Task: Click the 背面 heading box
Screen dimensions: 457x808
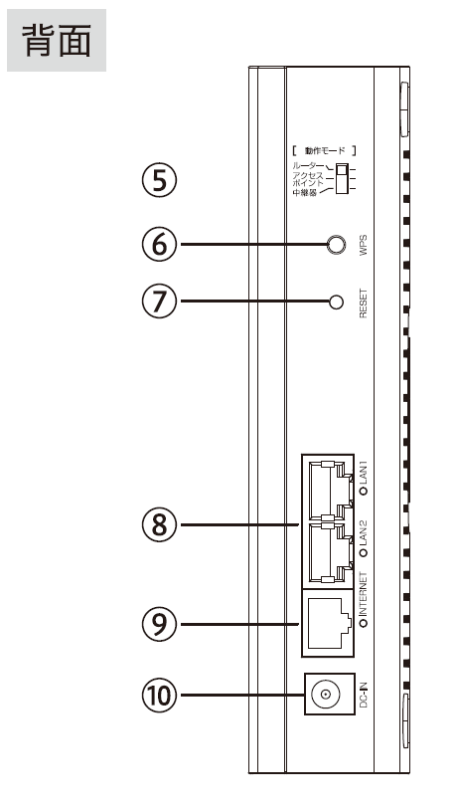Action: pyautogui.click(x=57, y=40)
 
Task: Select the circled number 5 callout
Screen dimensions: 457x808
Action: pyautogui.click(x=159, y=181)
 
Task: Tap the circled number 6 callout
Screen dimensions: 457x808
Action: pyautogui.click(x=159, y=244)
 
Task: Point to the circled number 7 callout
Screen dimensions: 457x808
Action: pyautogui.click(x=159, y=302)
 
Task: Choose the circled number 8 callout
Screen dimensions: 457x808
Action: pyautogui.click(x=159, y=525)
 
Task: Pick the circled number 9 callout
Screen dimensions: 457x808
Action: pyautogui.click(x=159, y=624)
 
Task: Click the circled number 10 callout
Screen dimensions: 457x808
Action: pyautogui.click(x=159, y=696)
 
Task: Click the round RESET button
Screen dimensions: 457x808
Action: pyautogui.click(x=336, y=302)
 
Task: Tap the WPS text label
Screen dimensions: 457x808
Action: pyautogui.click(x=364, y=245)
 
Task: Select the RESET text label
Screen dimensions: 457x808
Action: pyautogui.click(x=364, y=303)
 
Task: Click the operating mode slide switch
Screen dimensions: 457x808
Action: pyautogui.click(x=340, y=179)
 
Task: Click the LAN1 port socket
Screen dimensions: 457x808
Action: pyautogui.click(x=328, y=491)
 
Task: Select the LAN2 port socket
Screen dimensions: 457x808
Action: pyautogui.click(x=328, y=552)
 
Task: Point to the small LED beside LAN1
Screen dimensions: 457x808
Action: pyautogui.click(x=365, y=491)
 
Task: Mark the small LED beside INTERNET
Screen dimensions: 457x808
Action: pyautogui.click(x=365, y=624)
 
